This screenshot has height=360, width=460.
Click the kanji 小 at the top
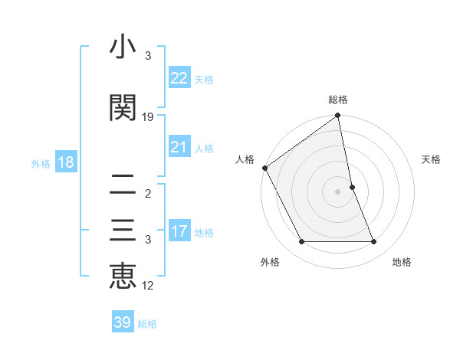123,48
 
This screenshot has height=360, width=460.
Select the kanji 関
123,106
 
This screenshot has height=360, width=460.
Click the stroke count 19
148,116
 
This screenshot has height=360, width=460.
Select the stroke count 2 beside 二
148,194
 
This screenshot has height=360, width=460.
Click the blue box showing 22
179,78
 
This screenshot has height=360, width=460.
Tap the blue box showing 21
179,147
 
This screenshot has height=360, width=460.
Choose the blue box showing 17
179,231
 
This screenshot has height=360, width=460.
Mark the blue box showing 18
64,162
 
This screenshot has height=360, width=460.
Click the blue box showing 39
123,322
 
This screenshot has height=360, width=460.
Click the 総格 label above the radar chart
338,100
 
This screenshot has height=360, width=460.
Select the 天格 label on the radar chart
432,159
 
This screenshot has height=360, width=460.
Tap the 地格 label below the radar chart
402,262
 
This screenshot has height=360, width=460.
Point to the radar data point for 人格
264,168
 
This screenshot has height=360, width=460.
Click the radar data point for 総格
338,116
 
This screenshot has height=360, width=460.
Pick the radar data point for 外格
301,242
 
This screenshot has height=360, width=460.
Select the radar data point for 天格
352,187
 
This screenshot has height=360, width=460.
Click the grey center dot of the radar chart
338,191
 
